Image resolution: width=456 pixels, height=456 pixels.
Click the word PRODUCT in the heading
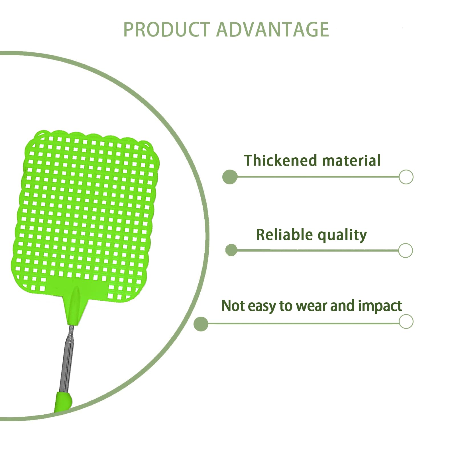click(x=167, y=29)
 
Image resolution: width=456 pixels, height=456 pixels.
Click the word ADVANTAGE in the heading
click(x=273, y=29)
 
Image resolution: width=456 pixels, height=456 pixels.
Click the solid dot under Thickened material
click(x=230, y=177)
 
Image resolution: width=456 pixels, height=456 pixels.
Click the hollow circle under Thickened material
click(x=406, y=177)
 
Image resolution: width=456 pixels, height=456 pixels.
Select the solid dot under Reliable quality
click(x=231, y=250)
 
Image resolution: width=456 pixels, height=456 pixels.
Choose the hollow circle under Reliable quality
click(x=405, y=251)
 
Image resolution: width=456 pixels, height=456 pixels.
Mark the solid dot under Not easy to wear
click(x=201, y=324)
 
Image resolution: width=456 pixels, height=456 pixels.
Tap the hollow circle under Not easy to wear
click(x=406, y=321)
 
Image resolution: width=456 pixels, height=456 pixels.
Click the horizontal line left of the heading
click(x=85, y=28)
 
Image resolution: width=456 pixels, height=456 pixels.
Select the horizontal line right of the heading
click(x=369, y=28)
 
